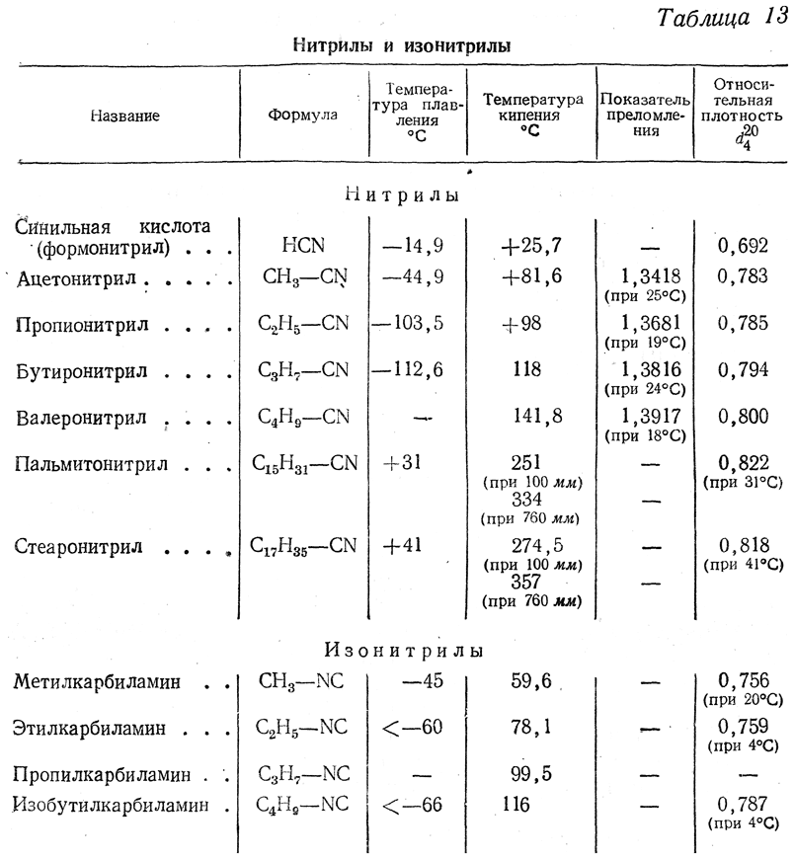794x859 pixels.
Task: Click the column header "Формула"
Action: point(302,115)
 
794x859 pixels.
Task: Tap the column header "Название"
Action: point(124,116)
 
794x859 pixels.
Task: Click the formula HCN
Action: point(303,244)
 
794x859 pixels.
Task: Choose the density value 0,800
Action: point(743,417)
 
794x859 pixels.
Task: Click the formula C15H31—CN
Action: point(304,463)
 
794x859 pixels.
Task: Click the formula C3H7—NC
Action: point(303,773)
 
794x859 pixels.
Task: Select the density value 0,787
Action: point(746,805)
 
